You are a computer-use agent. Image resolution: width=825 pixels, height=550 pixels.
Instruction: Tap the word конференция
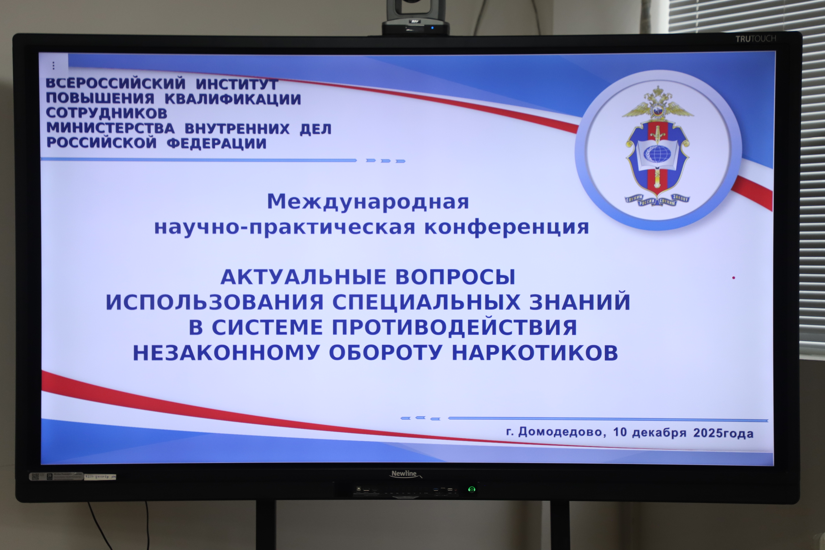tap(506, 227)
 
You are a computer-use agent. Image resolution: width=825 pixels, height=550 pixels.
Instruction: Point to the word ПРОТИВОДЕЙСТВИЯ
tap(454, 327)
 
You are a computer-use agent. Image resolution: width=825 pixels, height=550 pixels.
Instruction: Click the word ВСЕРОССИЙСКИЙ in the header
tap(116, 84)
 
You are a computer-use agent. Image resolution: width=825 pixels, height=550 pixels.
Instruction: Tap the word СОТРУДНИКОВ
tap(107, 113)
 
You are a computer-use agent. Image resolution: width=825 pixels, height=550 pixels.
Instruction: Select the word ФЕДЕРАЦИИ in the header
tap(217, 143)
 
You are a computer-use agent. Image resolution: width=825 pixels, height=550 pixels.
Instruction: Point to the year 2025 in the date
tap(708, 433)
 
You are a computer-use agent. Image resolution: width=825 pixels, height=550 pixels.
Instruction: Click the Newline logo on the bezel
tap(405, 474)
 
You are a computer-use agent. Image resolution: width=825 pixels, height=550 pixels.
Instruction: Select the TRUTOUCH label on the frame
tap(756, 39)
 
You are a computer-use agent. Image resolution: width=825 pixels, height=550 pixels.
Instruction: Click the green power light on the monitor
tap(472, 489)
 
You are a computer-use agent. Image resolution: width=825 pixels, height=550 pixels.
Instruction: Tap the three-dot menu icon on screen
tap(53, 66)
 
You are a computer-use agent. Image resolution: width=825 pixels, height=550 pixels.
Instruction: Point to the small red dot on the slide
tap(734, 278)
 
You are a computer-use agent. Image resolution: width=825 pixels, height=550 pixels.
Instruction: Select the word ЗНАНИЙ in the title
tap(580, 302)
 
